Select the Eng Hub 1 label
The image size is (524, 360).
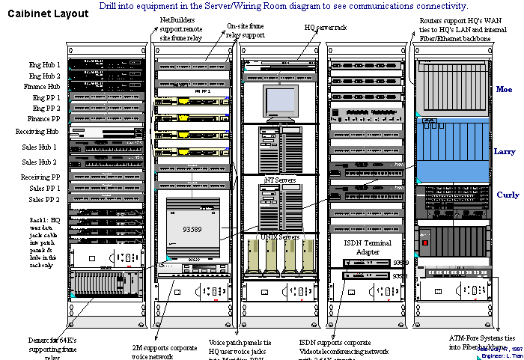[x=45, y=65]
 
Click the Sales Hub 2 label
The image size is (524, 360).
[x=40, y=162]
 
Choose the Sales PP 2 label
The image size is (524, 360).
[x=44, y=200]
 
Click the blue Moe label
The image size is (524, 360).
[x=505, y=89]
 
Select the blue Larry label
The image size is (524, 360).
[x=504, y=151]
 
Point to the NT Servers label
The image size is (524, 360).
[x=280, y=180]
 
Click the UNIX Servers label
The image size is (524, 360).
[x=279, y=237]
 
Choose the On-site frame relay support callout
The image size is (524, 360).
[x=245, y=30]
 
